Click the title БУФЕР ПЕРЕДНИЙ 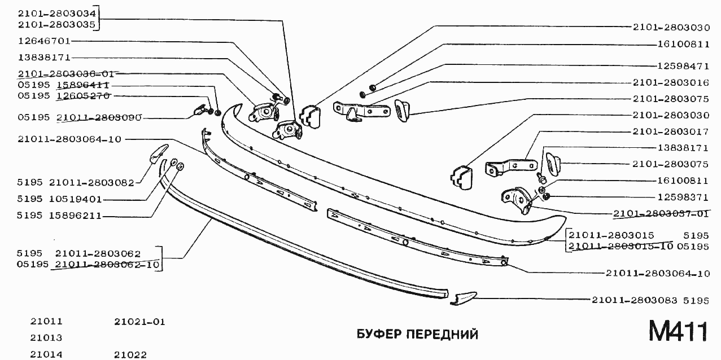click(x=417, y=335)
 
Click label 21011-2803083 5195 click(x=649, y=301)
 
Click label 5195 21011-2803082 click(x=75, y=183)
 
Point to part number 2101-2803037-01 click(x=661, y=213)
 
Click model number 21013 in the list click(x=46, y=338)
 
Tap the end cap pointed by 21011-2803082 click(x=158, y=152)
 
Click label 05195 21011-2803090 click(x=78, y=118)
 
